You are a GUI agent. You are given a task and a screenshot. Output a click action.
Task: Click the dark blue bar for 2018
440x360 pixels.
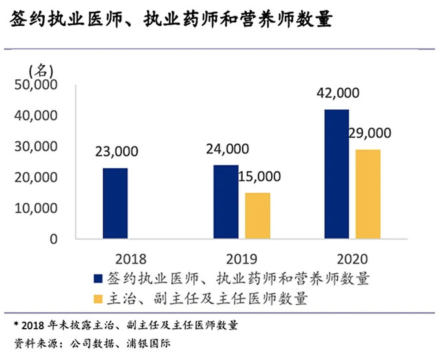click(115, 203)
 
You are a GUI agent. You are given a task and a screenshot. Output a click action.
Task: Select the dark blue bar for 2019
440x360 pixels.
click(225, 201)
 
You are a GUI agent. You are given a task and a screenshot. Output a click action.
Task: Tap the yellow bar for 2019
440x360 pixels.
click(257, 215)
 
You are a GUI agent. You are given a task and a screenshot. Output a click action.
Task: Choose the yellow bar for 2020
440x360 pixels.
click(368, 194)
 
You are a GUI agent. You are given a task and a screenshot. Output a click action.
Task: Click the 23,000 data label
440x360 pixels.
click(117, 151)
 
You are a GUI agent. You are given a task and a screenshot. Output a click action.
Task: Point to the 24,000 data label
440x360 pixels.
click(228, 149)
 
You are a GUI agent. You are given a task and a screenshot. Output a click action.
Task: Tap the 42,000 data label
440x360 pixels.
click(339, 93)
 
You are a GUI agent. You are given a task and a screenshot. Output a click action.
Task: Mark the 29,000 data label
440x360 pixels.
click(369, 133)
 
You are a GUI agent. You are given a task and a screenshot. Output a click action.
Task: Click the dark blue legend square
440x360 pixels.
click(99, 278)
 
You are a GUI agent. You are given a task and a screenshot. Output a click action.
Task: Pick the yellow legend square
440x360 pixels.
click(99, 297)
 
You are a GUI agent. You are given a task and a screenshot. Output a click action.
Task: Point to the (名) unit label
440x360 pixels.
click(41, 69)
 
